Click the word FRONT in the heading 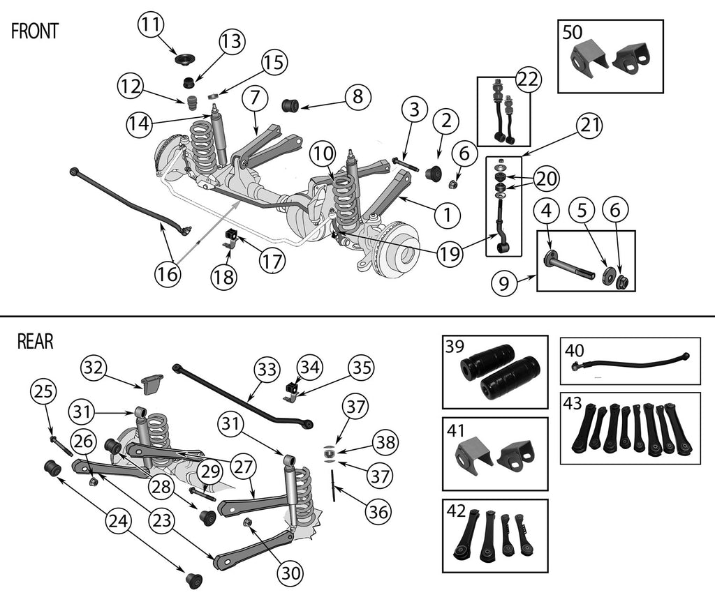point(35,32)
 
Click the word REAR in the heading point(35,341)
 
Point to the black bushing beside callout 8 point(290,105)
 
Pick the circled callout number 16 point(168,274)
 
